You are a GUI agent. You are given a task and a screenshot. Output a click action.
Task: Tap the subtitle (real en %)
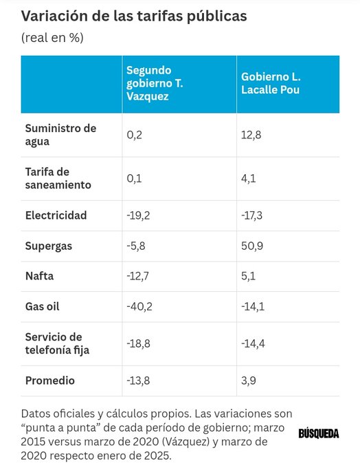pyautogui.click(x=52, y=37)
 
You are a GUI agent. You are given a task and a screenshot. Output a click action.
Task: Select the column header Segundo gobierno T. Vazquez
pyautogui.click(x=158, y=84)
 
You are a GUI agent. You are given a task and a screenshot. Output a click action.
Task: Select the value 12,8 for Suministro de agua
pyautogui.click(x=249, y=135)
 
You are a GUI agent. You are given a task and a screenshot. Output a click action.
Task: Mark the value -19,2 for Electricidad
pyautogui.click(x=139, y=215)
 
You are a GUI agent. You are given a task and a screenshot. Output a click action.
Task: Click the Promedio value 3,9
pyautogui.click(x=247, y=381)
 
